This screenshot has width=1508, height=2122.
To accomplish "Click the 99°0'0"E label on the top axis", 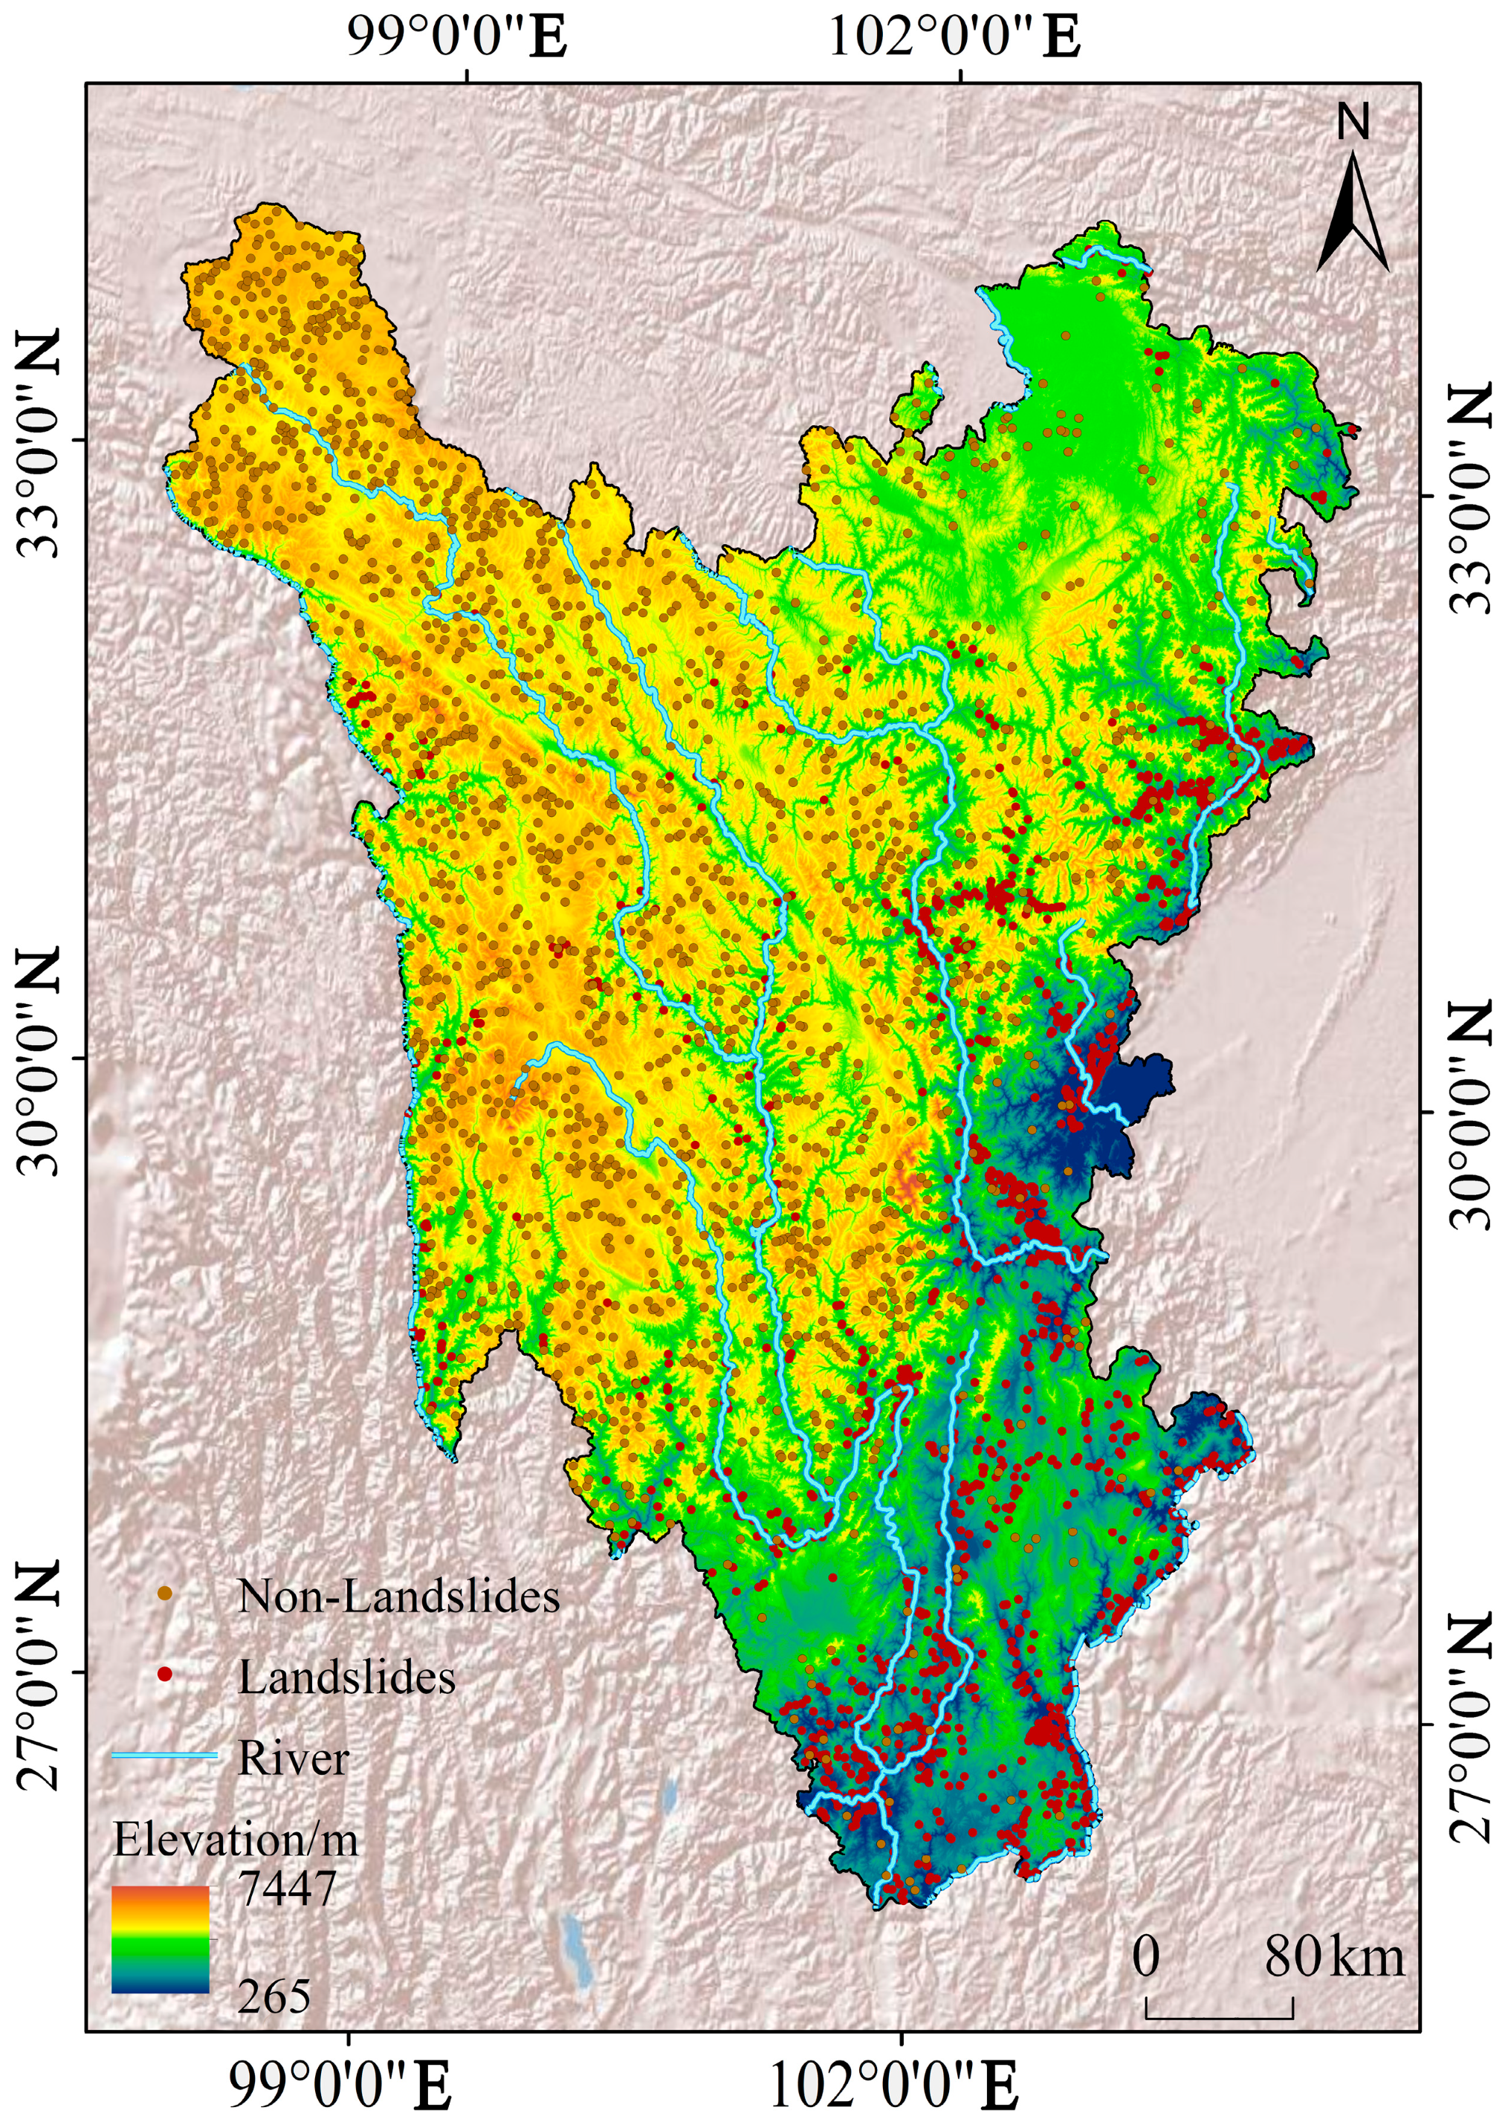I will pos(458,38).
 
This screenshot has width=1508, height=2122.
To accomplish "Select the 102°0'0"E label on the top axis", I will pos(954,38).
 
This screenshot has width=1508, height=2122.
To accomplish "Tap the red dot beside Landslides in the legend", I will pos(164,1675).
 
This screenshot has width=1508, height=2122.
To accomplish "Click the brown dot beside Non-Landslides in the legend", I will pos(164,1594).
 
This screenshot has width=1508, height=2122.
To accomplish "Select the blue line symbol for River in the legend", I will pos(164,1756).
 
